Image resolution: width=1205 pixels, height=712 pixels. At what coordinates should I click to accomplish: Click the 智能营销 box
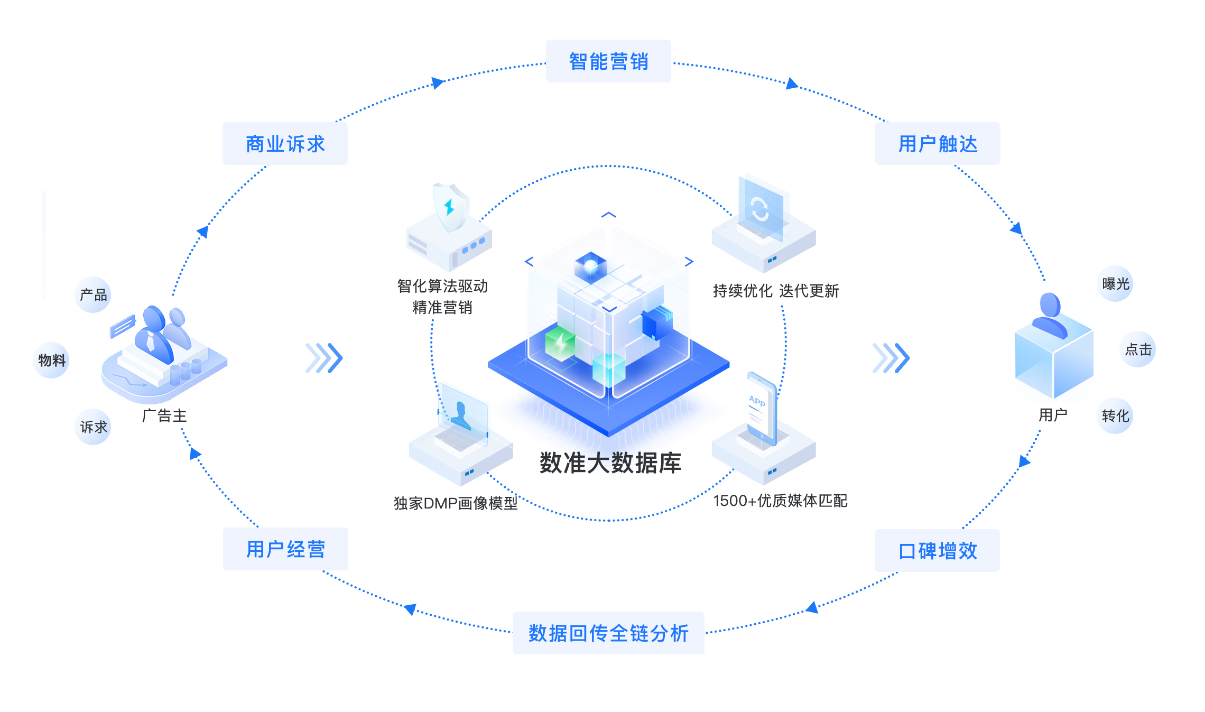pos(608,61)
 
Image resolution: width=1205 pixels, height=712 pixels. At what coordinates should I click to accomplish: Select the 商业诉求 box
pos(285,144)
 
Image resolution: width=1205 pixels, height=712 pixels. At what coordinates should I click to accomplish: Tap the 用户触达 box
pos(938,144)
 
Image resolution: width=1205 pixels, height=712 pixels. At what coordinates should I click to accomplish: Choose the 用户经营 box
pos(285,549)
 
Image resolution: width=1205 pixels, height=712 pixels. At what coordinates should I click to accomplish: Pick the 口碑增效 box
pos(937,551)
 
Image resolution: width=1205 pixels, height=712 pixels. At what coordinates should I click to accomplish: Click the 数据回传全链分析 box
pos(608,633)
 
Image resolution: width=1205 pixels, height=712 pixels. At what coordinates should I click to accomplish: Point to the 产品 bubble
pos(93,295)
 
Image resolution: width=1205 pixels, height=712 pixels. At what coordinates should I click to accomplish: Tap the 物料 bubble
pos(51,360)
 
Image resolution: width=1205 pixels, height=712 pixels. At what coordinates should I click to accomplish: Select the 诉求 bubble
pos(93,427)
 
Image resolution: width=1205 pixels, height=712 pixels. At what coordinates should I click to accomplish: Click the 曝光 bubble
pos(1115,284)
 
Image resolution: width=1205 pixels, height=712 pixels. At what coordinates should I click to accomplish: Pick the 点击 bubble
pos(1138,349)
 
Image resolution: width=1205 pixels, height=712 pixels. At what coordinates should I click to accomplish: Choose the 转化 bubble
pos(1115,416)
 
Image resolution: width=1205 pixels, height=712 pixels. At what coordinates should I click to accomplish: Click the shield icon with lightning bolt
pos(450,208)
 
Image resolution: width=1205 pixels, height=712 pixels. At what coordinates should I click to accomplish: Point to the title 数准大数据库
pos(610,463)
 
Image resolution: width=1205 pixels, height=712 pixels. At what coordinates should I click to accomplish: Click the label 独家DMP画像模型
pos(456,503)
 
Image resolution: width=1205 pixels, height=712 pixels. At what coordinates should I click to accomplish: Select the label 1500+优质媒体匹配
pos(780,501)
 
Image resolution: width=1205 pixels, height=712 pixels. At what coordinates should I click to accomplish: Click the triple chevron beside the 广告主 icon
pos(325,358)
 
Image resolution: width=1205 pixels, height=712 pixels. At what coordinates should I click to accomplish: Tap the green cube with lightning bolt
pos(560,344)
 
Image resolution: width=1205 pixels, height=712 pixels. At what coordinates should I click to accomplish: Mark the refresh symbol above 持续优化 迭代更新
pos(760,209)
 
